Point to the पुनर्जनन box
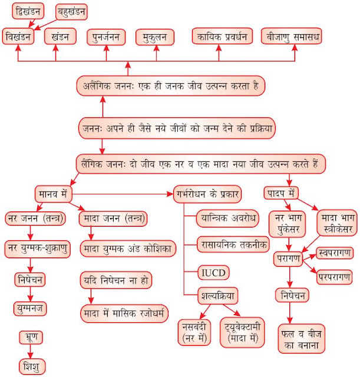pyautogui.click(x=106, y=37)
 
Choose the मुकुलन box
pyautogui.click(x=155, y=37)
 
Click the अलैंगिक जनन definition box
pyautogui.click(x=170, y=86)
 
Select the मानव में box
pyautogui.click(x=54, y=193)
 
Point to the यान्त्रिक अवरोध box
pyautogui.click(x=227, y=219)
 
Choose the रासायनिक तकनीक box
pyautogui.click(x=233, y=244)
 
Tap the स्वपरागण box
pyautogui.click(x=334, y=253)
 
